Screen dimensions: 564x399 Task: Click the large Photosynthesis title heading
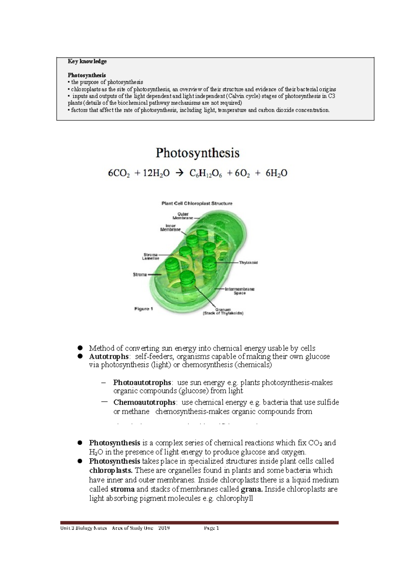[x=198, y=153]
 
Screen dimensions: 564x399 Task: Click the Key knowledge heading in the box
[x=87, y=61]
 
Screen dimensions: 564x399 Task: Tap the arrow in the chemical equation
[x=179, y=173]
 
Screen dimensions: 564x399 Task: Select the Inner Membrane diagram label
[x=171, y=227]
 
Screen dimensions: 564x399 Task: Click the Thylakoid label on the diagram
[x=248, y=262]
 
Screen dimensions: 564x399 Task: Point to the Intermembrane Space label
[x=239, y=291]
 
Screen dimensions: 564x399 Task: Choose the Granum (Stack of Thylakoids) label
[x=223, y=311]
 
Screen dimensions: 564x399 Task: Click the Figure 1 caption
[x=144, y=309]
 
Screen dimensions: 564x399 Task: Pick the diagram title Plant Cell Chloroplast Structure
[x=197, y=203]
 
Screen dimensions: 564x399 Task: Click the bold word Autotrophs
[x=109, y=357]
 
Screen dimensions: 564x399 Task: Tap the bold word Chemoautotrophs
[x=144, y=402]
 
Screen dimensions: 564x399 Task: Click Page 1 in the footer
[x=211, y=528]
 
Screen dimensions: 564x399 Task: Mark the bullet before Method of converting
[x=80, y=348]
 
